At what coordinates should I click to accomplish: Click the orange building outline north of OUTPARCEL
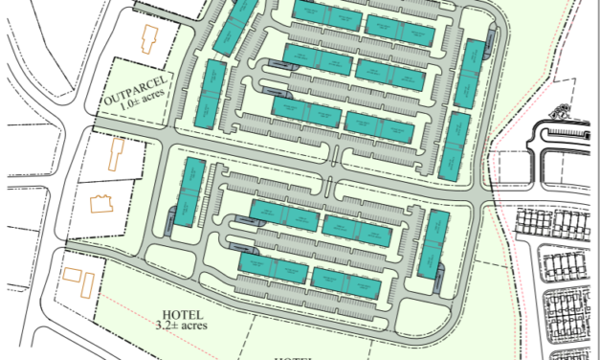[148, 40]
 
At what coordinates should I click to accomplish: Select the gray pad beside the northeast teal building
[492, 41]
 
